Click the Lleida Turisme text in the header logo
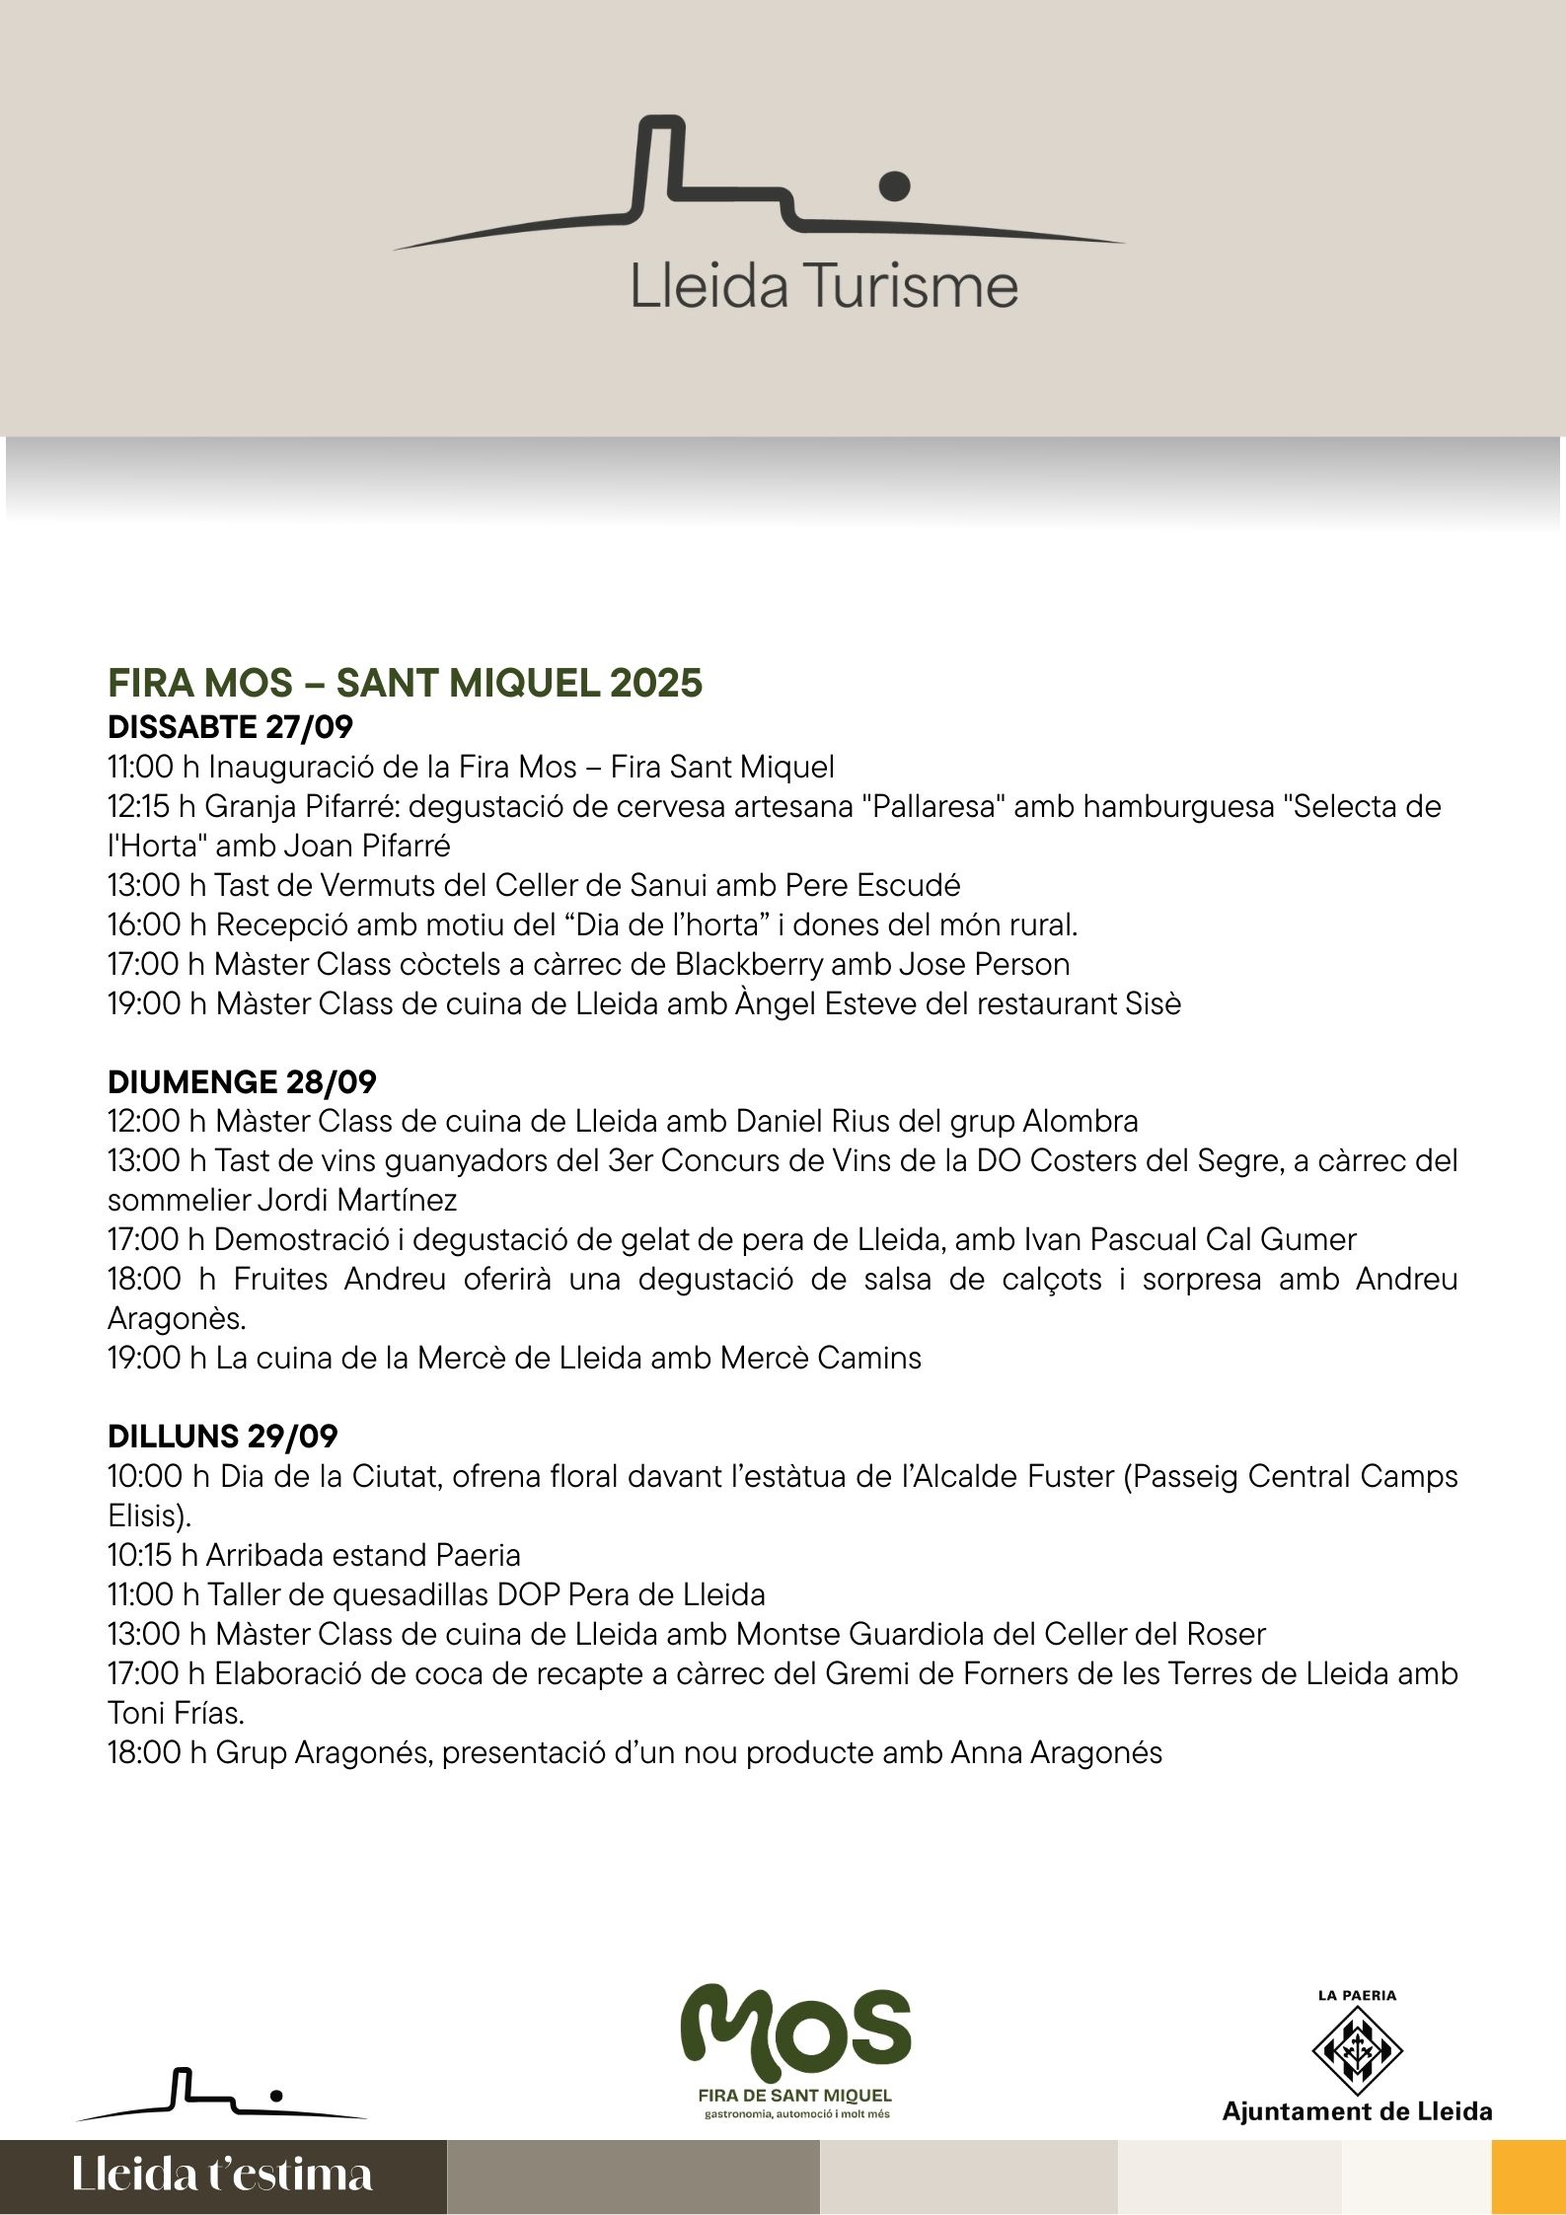(824, 285)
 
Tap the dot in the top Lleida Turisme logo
(894, 184)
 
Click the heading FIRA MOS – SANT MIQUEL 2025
(405, 683)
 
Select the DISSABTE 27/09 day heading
(230, 727)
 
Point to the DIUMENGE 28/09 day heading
(242, 1081)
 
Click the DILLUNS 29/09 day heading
(222, 1436)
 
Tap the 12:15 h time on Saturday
(152, 806)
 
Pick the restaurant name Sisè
(1153, 1003)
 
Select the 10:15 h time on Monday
(152, 1555)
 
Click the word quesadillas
(397, 1594)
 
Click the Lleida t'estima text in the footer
(222, 2174)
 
